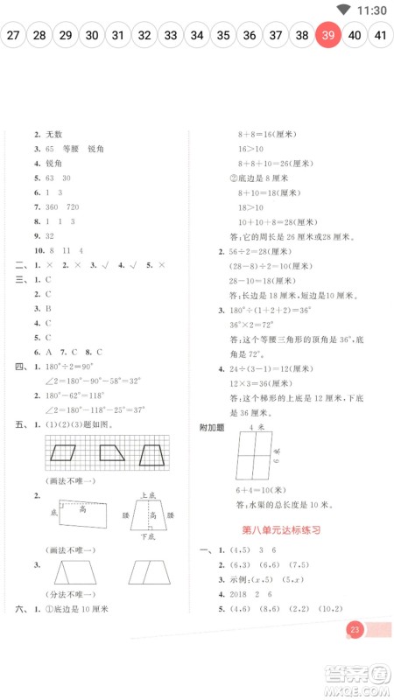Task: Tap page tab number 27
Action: click(x=12, y=36)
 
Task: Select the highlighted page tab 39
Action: click(x=328, y=36)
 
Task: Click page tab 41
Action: click(x=381, y=36)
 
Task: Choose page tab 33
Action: click(x=171, y=36)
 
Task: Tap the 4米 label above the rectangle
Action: click(x=256, y=426)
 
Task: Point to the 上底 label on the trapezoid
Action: click(x=147, y=495)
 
